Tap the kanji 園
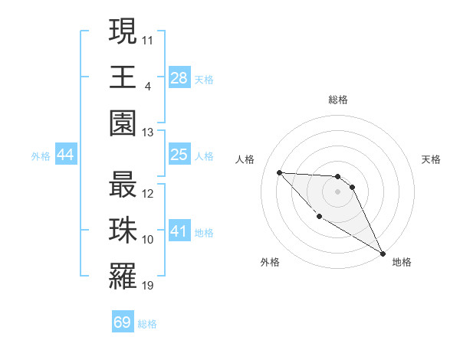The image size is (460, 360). tap(123, 123)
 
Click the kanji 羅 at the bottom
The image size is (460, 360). tap(123, 277)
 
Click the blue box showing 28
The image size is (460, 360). tap(179, 78)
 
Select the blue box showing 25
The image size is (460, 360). tap(179, 155)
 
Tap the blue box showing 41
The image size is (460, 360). tap(179, 231)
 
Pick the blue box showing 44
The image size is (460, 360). tap(65, 155)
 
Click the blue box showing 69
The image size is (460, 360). tap(123, 322)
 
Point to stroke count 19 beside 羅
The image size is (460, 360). tap(148, 286)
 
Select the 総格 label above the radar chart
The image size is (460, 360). tap(337, 100)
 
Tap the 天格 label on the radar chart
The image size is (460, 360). tap(431, 159)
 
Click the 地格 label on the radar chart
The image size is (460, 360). tap(402, 262)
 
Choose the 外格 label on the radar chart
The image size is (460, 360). tap(270, 262)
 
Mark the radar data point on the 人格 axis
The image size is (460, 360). tap(279, 172)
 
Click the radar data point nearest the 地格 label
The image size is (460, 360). tap(383, 254)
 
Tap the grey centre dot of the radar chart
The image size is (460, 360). tap(337, 191)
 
